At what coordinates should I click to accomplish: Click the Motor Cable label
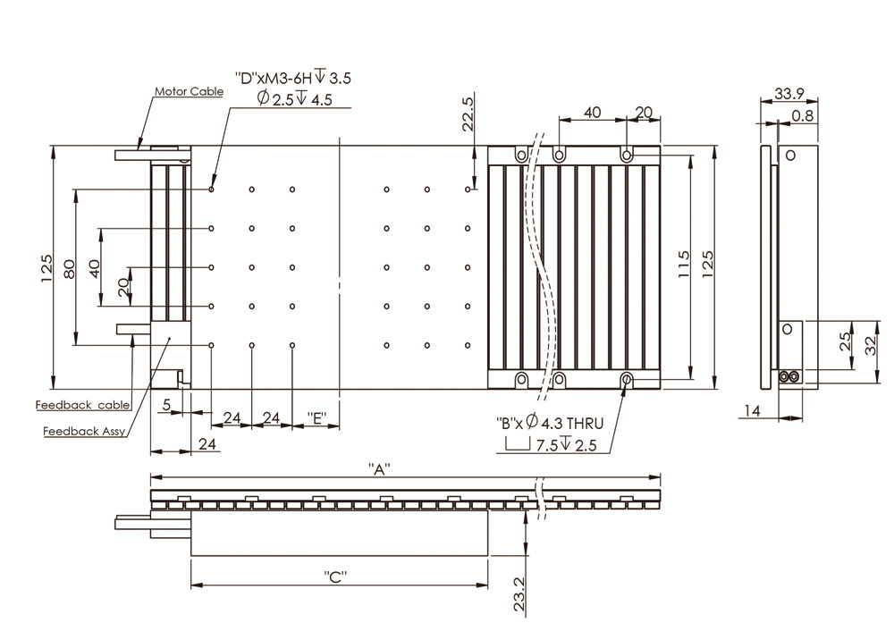tap(189, 91)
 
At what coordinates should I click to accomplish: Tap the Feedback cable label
tap(83, 405)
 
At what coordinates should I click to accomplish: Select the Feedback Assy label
tap(84, 432)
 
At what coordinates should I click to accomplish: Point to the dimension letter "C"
tap(335, 577)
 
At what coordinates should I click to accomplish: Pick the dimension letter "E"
tap(316, 417)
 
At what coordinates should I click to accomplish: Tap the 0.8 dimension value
tap(802, 115)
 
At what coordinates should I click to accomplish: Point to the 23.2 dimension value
tap(519, 593)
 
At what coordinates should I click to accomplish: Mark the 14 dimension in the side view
tap(752, 410)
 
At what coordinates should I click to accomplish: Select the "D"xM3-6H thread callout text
tap(292, 78)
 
